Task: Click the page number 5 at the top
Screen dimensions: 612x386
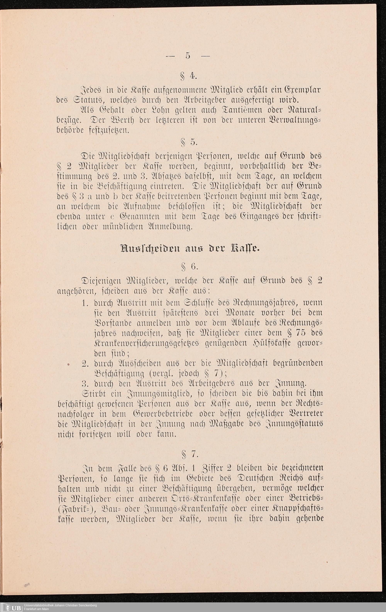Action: pyautogui.click(x=188, y=56)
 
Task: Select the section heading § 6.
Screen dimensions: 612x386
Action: pyautogui.click(x=188, y=267)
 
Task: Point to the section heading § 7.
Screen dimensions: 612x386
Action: pyautogui.click(x=188, y=454)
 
